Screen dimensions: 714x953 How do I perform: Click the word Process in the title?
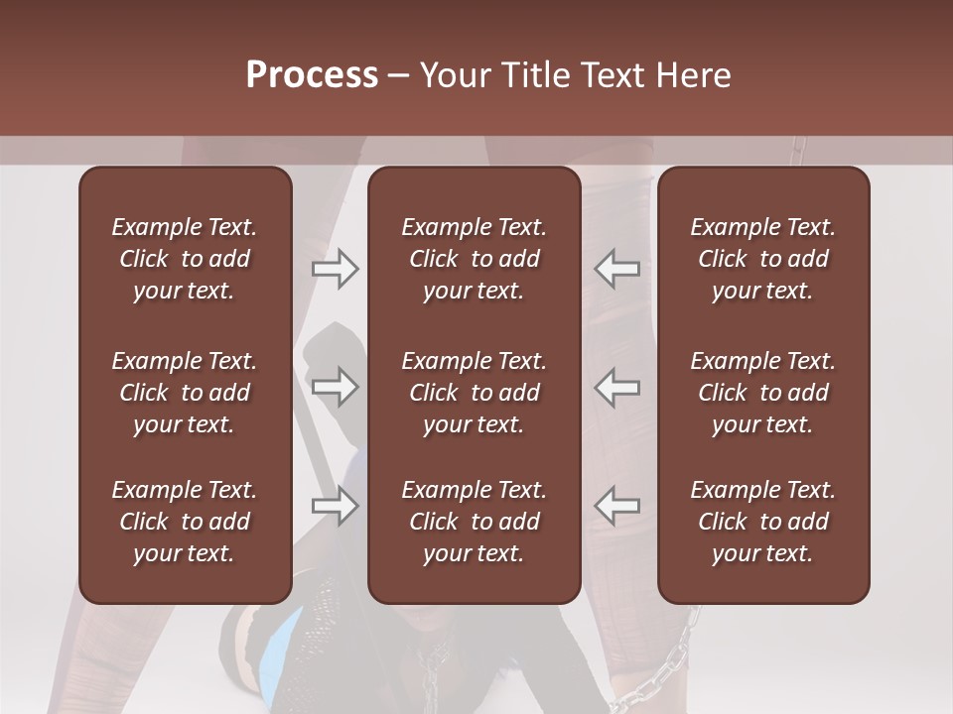point(312,75)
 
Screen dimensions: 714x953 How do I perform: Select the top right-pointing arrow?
point(336,269)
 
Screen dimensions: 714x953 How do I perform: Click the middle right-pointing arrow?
point(336,387)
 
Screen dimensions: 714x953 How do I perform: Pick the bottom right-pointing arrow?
point(336,506)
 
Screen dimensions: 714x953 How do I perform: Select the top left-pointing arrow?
point(616,269)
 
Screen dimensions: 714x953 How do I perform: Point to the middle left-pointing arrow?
point(616,387)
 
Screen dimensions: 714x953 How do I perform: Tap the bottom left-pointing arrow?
point(616,506)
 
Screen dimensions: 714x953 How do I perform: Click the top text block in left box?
point(185,259)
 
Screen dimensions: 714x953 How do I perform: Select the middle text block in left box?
point(185,393)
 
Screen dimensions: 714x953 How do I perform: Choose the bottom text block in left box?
point(185,522)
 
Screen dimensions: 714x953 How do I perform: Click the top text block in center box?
point(474,259)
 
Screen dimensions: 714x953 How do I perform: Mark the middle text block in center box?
point(474,393)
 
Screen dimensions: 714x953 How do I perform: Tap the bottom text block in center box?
point(474,522)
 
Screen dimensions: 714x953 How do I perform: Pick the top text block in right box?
point(763,259)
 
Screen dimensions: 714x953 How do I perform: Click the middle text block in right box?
point(763,393)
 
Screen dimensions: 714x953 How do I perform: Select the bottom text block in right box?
point(763,522)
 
